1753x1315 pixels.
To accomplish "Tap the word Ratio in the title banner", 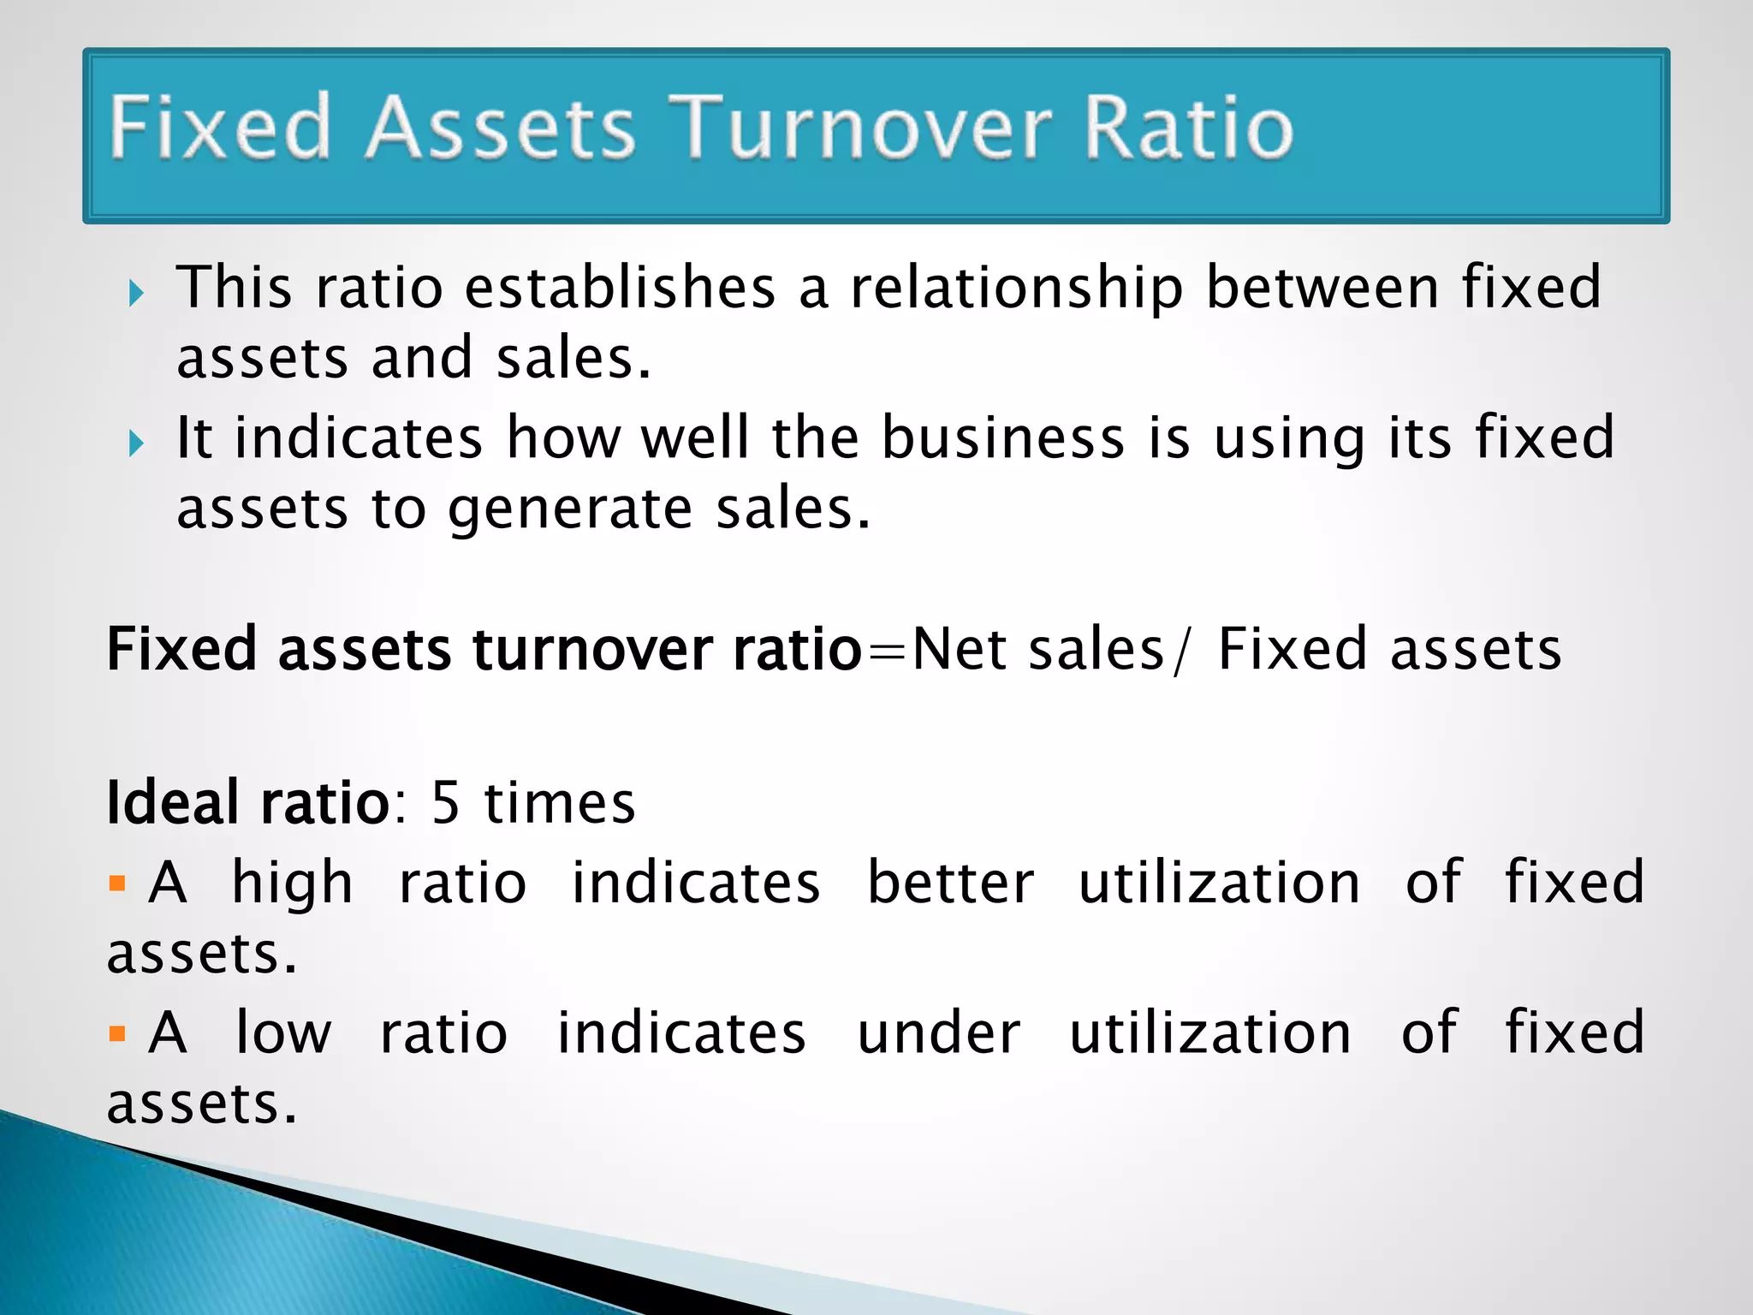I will pos(1189,128).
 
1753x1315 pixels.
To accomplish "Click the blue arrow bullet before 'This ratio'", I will pos(136,294).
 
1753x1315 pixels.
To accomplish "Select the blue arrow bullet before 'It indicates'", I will pos(136,443).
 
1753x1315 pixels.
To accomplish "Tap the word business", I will pos(1002,438).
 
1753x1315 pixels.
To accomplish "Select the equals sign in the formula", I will pos(887,651).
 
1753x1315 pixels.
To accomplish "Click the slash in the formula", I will pos(1182,651).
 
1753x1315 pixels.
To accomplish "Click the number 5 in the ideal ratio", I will pos(446,803).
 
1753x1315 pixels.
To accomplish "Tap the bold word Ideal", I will pos(172,803).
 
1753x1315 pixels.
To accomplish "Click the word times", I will pos(560,803).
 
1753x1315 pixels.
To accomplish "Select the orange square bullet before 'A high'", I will pos(118,883).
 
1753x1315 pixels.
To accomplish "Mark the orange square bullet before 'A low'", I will pos(118,1033).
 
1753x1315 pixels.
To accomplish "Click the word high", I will pos(292,884).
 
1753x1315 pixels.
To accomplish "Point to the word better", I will pos(950,883).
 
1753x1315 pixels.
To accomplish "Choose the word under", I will pos(939,1033).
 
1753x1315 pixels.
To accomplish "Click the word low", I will pos(283,1033).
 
